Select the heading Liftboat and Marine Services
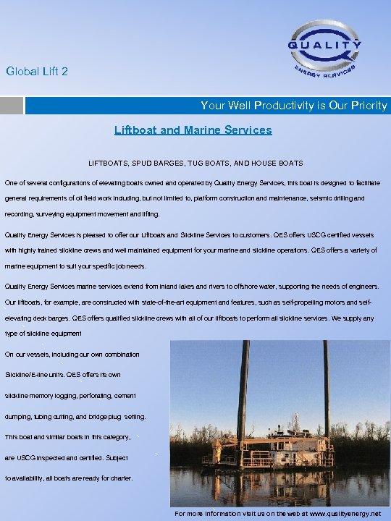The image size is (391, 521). click(x=193, y=130)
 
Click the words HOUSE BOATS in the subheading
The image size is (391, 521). click(x=279, y=163)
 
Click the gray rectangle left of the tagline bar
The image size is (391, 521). click(x=11, y=106)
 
